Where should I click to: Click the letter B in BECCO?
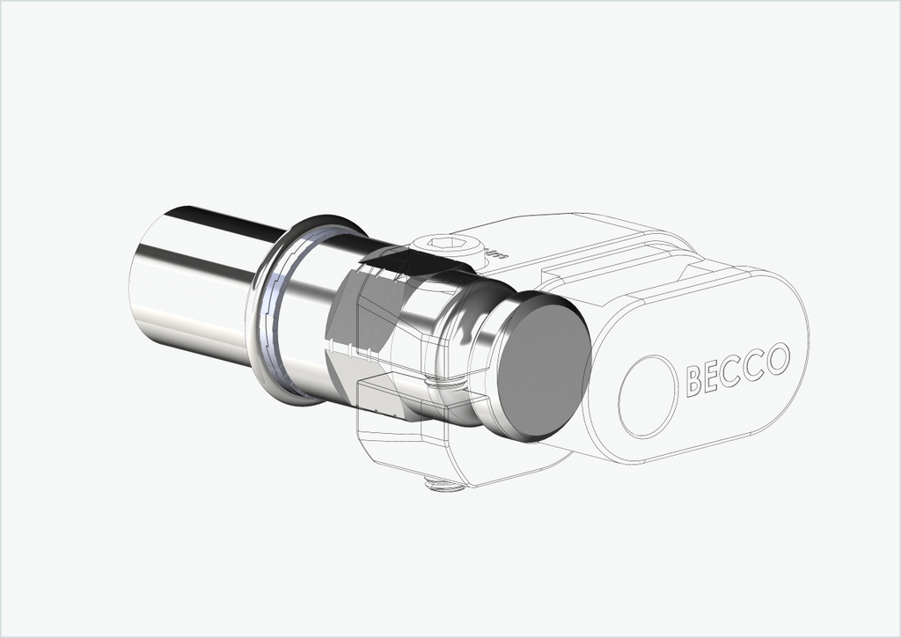tap(694, 380)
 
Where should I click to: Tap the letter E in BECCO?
tap(710, 376)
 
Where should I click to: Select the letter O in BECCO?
tap(778, 359)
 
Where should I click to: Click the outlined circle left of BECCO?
tap(648, 397)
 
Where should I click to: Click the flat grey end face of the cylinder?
tap(544, 368)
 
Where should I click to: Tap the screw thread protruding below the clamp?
tap(444, 485)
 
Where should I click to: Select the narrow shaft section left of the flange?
tap(195, 282)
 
